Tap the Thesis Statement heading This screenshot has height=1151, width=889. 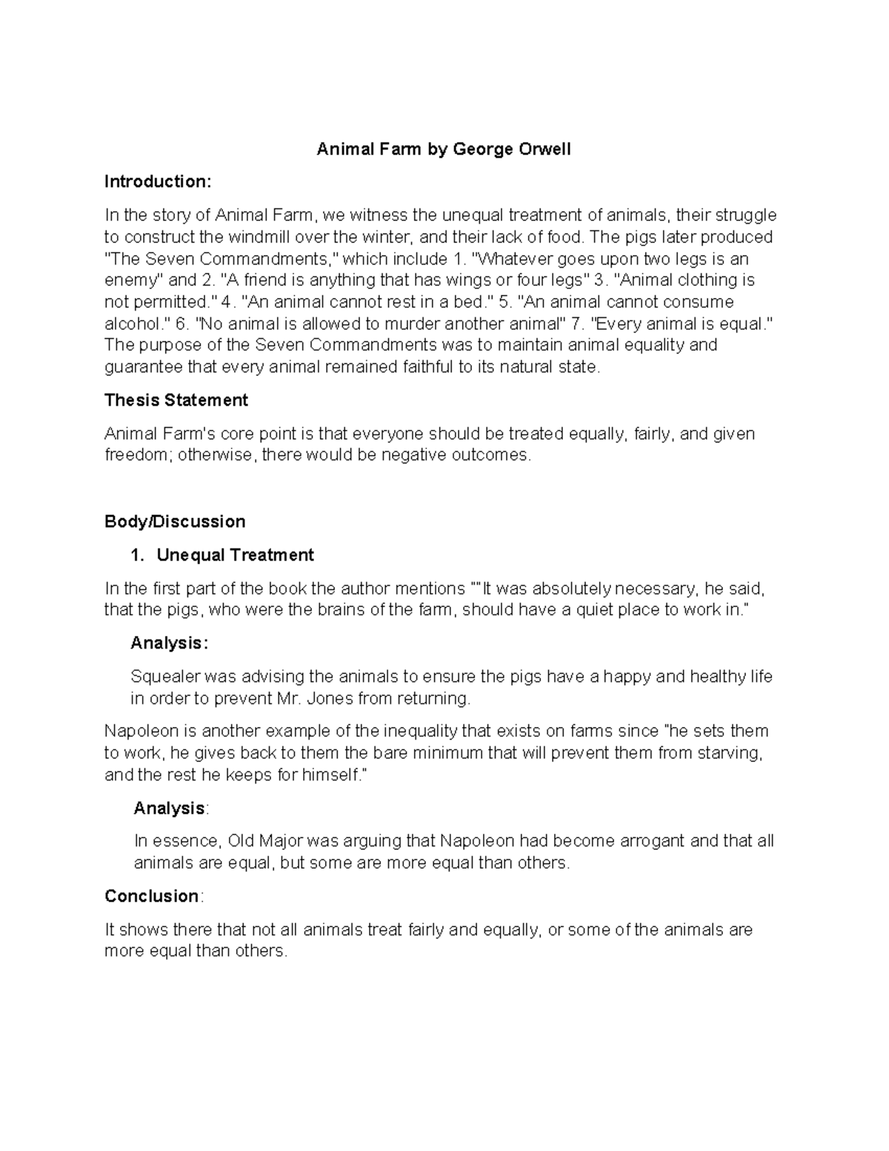(176, 400)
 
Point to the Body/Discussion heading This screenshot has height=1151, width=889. (175, 522)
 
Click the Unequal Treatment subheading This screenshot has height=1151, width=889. (235, 555)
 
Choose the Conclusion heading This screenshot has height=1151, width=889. (152, 896)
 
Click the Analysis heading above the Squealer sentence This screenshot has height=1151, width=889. (167, 643)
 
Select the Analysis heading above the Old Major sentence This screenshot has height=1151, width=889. (170, 809)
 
